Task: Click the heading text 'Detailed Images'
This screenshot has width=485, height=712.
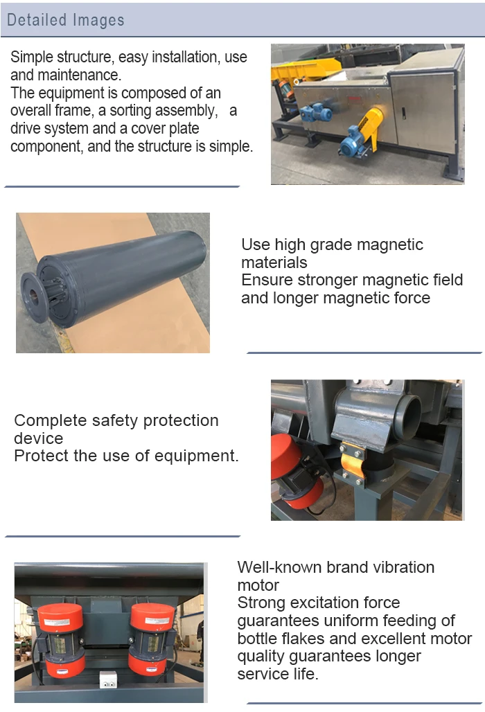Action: point(66,21)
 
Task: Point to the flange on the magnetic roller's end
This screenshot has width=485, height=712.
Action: point(35,297)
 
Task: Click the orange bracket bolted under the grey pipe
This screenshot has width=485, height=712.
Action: point(353,459)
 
